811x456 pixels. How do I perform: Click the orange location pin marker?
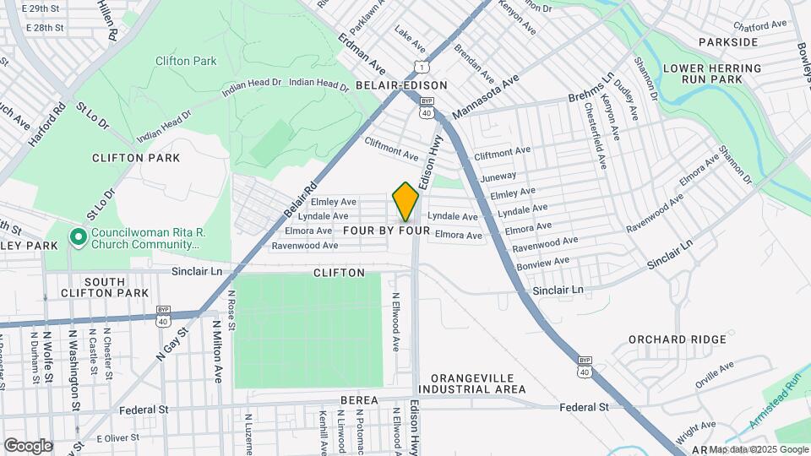pyautogui.click(x=405, y=201)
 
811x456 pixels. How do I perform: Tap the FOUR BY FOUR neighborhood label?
pyautogui.click(x=392, y=231)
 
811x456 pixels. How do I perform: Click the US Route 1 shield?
pyautogui.click(x=420, y=66)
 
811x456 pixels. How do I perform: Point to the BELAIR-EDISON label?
pyautogui.click(x=395, y=86)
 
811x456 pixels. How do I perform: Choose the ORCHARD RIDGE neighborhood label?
pyautogui.click(x=677, y=339)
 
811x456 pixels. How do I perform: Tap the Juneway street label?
pyautogui.click(x=497, y=177)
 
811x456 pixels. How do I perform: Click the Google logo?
pyautogui.click(x=28, y=445)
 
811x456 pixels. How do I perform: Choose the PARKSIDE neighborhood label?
pyautogui.click(x=728, y=42)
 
